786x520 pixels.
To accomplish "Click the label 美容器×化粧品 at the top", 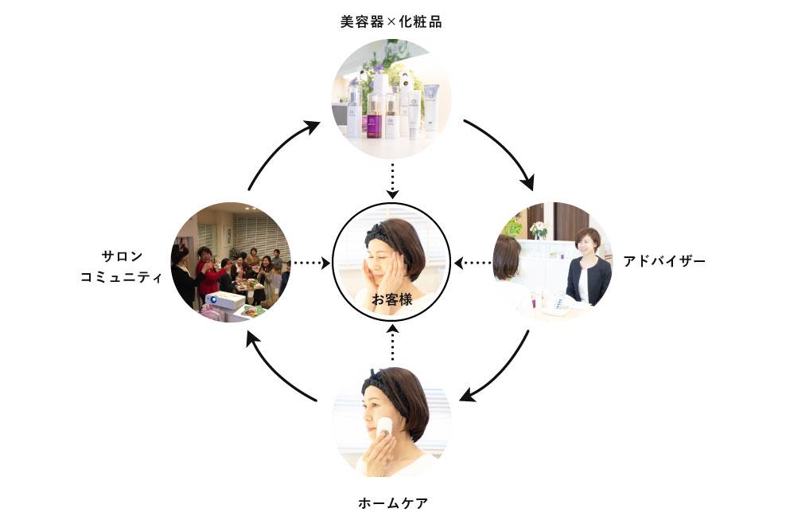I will coord(391,22).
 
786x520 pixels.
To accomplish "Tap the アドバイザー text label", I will coord(664,261).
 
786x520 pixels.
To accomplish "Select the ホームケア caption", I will coord(392,503).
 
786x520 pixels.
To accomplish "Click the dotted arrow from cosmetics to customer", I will coord(391,181).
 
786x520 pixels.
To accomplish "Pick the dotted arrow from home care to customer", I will coord(391,343).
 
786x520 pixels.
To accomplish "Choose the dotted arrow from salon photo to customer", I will coord(311,262).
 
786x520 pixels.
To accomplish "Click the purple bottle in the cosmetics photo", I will coord(372,123).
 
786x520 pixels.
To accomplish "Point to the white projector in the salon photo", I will coord(224,300).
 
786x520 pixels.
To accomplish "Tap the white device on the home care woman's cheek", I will coord(384,428).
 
